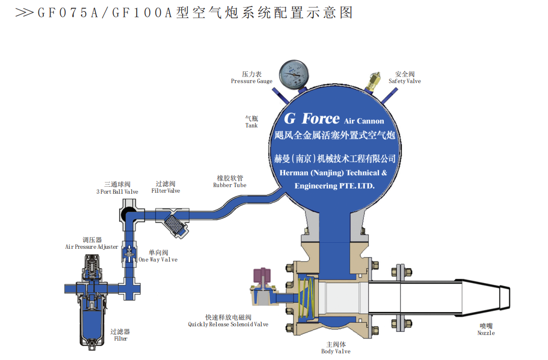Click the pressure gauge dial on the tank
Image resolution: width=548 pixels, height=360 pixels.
[293, 74]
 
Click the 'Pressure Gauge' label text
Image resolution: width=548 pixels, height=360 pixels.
[252, 81]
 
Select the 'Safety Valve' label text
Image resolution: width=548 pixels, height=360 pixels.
[405, 81]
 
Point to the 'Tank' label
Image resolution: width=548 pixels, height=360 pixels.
[252, 125]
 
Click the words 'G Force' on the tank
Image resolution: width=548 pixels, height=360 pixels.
[311, 119]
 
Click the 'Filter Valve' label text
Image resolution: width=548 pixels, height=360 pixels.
[166, 191]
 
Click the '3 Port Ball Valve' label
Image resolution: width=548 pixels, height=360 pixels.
[117, 192]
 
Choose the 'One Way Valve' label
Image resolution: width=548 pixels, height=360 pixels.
[158, 260]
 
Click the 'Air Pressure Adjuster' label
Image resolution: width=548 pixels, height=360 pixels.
[92, 247]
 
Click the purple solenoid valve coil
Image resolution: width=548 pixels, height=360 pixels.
[263, 277]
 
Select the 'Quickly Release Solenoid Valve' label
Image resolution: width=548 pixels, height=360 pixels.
[228, 324]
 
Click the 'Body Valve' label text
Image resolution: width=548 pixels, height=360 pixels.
[336, 351]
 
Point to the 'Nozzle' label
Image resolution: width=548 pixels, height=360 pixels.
[486, 333]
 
